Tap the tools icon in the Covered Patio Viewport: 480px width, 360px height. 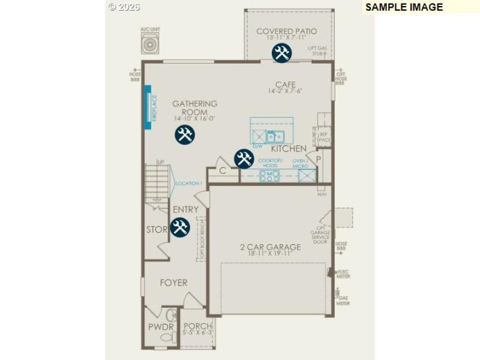point(281,53)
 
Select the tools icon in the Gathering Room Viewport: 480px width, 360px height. point(184,135)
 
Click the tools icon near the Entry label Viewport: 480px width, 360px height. point(179,227)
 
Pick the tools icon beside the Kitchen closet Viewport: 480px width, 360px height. point(244,159)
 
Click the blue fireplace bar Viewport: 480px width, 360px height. point(148,107)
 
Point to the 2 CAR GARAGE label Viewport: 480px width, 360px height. point(270,247)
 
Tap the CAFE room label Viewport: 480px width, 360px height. point(286,85)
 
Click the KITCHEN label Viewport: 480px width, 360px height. point(289,148)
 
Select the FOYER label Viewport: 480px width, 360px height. point(173,283)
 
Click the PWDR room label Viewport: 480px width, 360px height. point(160,327)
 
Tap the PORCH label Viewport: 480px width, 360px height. point(197,326)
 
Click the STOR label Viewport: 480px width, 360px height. point(157,230)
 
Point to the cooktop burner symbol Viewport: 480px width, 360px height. point(269,175)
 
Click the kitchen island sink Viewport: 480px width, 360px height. point(275,136)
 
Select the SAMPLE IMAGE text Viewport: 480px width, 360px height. point(404,7)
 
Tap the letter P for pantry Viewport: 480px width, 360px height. point(319,159)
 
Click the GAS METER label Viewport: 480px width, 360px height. point(343,300)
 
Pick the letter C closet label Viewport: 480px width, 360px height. point(222,171)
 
